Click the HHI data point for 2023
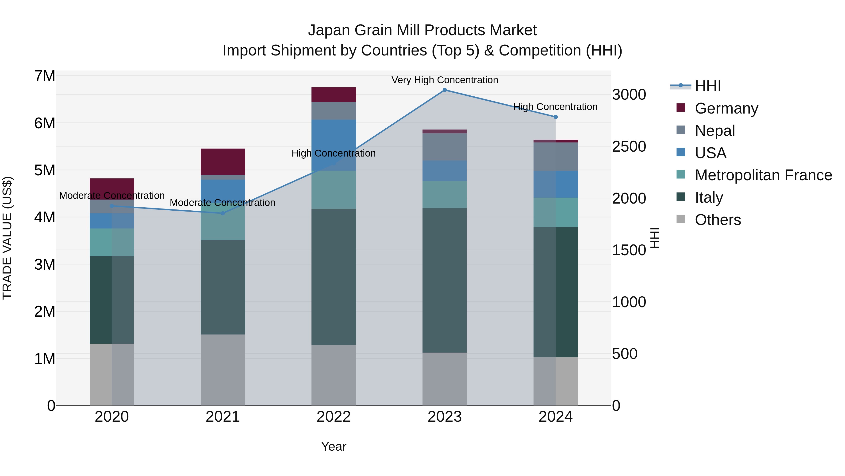click(445, 90)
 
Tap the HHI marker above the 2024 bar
click(555, 117)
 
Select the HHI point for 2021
click(223, 213)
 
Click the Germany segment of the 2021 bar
click(223, 162)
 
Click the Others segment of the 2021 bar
click(223, 370)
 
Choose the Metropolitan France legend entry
click(763, 175)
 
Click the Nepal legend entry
click(714, 130)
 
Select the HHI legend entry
click(707, 86)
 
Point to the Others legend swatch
click(681, 219)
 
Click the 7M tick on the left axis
click(45, 76)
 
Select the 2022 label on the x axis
click(334, 417)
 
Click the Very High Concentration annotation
click(445, 80)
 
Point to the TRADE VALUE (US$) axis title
click(7, 238)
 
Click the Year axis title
click(334, 446)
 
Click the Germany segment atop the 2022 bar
click(334, 94)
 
